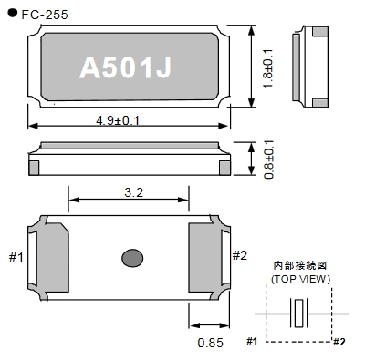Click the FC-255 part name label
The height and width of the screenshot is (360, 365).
[x=45, y=15]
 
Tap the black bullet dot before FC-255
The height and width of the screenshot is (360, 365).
[x=13, y=13]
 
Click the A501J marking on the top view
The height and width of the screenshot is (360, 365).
[x=126, y=67]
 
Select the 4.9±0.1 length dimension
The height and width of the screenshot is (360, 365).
[x=118, y=121]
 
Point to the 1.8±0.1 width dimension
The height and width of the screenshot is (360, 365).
[x=268, y=68]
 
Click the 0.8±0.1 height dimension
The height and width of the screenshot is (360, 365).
[x=269, y=159]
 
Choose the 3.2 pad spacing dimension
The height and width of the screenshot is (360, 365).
[x=134, y=192]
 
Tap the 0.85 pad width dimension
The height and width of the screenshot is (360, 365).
[x=211, y=343]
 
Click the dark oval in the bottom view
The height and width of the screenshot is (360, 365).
[x=132, y=258]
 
